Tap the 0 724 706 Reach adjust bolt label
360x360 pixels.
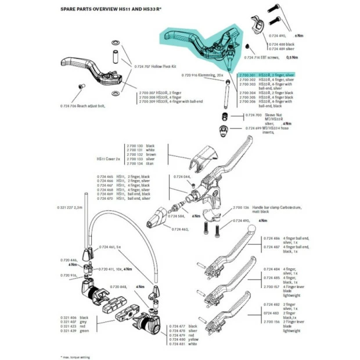[82, 106]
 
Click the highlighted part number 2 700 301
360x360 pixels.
[247, 75]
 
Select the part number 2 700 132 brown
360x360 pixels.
[140, 154]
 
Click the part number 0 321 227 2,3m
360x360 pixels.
[70, 207]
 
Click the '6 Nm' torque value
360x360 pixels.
[299, 35]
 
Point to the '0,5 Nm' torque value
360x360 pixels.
[294, 58]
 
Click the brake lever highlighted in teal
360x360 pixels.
[197, 44]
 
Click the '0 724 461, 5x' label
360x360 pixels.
[110, 247]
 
